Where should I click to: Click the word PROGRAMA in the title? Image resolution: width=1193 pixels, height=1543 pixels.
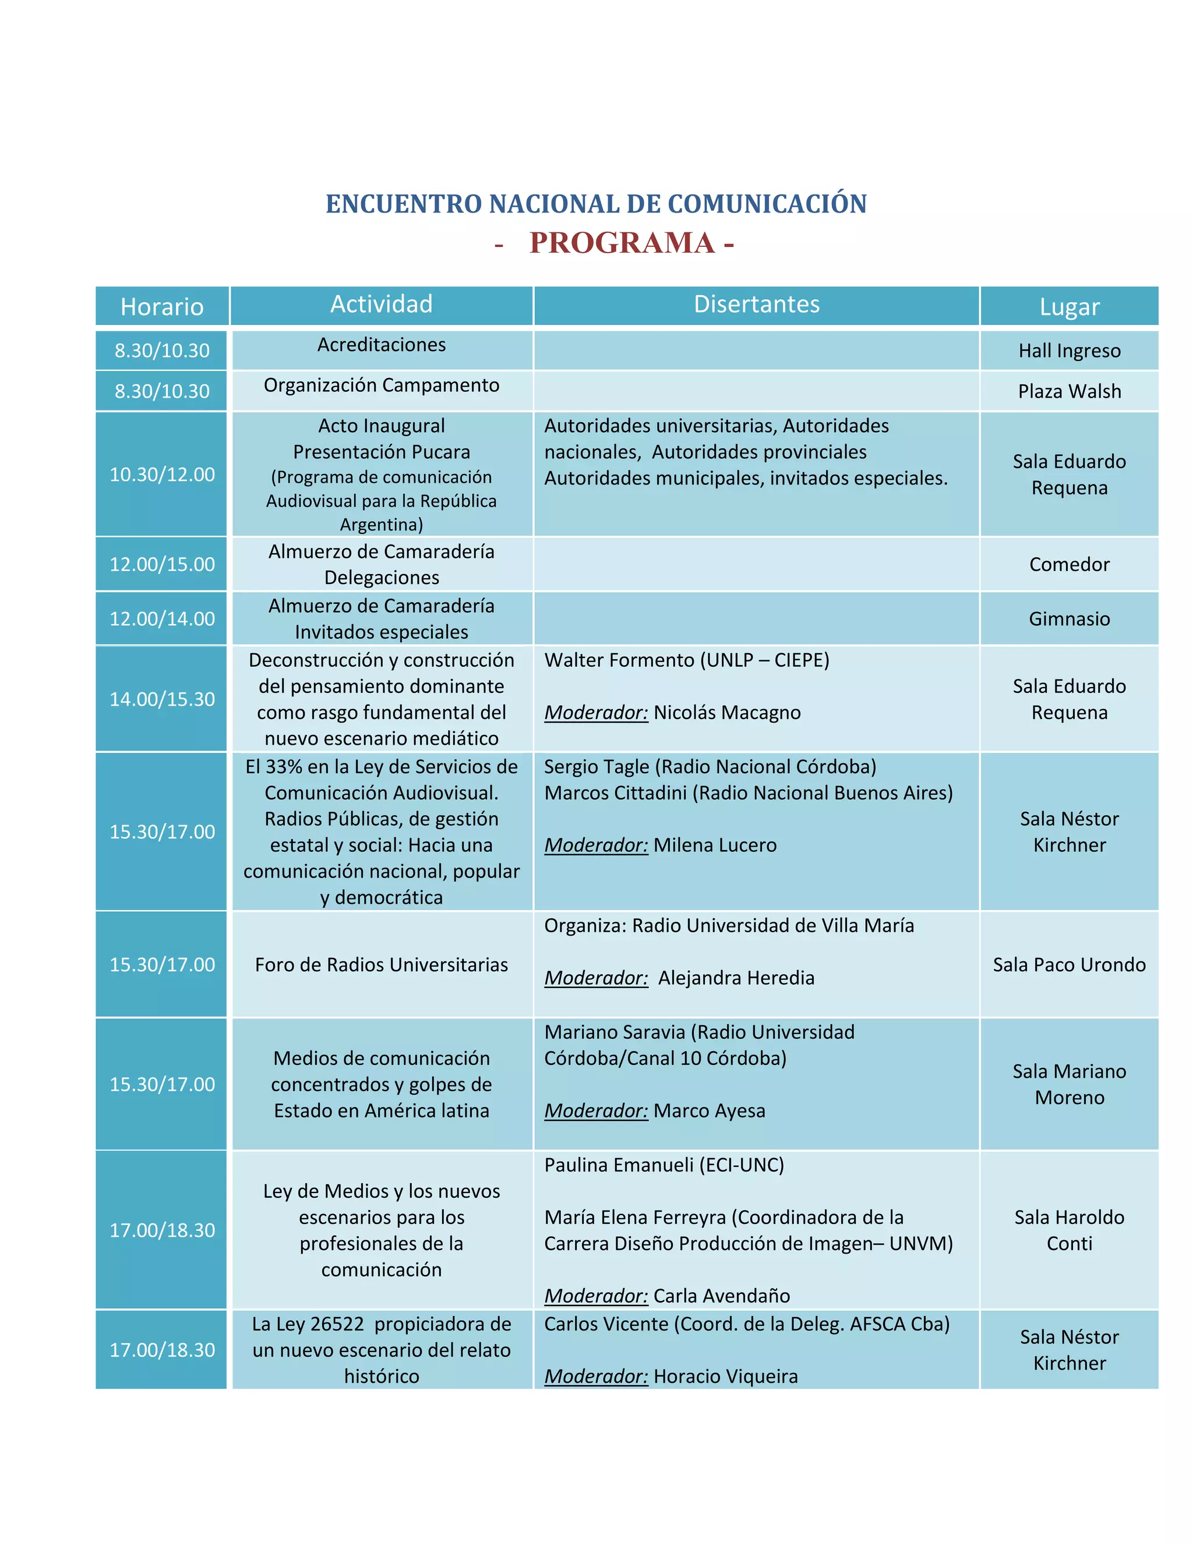pyautogui.click(x=622, y=243)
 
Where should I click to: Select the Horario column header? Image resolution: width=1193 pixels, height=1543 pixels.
pyautogui.click(x=162, y=307)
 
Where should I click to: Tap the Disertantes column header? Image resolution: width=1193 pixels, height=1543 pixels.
pyautogui.click(x=756, y=305)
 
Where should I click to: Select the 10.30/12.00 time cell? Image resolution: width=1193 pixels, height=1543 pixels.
pyautogui.click(x=162, y=474)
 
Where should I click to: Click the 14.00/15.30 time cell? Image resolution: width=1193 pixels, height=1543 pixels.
pyautogui.click(x=162, y=699)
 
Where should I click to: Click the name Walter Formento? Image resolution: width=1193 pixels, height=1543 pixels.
pyautogui.click(x=619, y=660)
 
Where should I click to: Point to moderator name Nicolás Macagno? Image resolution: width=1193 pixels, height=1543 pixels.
pyautogui.click(x=726, y=712)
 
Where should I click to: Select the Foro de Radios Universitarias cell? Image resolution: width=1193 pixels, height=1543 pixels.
pyautogui.click(x=382, y=964)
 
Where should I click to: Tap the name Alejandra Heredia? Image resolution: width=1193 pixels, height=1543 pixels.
pyautogui.click(x=736, y=978)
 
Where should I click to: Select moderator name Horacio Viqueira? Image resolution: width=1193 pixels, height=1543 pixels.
pyautogui.click(x=725, y=1376)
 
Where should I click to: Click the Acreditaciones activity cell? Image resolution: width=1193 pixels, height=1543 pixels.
pyautogui.click(x=382, y=345)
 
